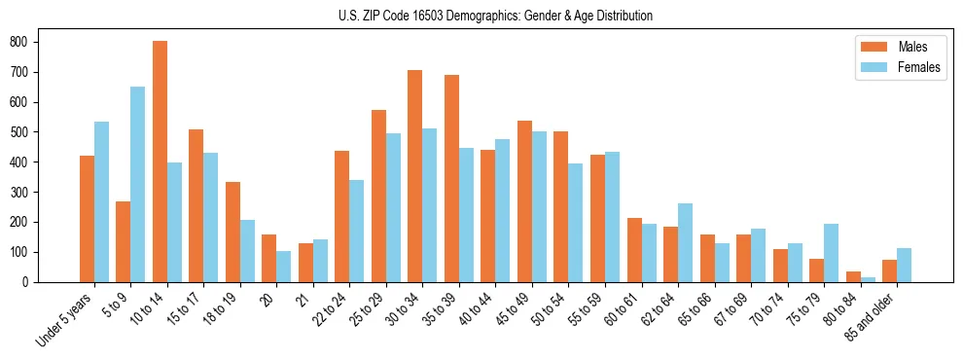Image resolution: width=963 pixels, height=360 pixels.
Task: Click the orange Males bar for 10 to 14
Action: click(160, 162)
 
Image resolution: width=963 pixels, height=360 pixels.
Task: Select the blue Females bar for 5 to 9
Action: click(138, 184)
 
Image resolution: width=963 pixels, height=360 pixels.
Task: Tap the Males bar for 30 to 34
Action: click(415, 176)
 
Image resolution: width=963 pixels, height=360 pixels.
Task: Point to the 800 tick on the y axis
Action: click(38, 42)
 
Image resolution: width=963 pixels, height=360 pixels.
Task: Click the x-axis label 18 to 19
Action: click(220, 308)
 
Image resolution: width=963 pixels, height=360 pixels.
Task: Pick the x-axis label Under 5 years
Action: click(66, 318)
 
